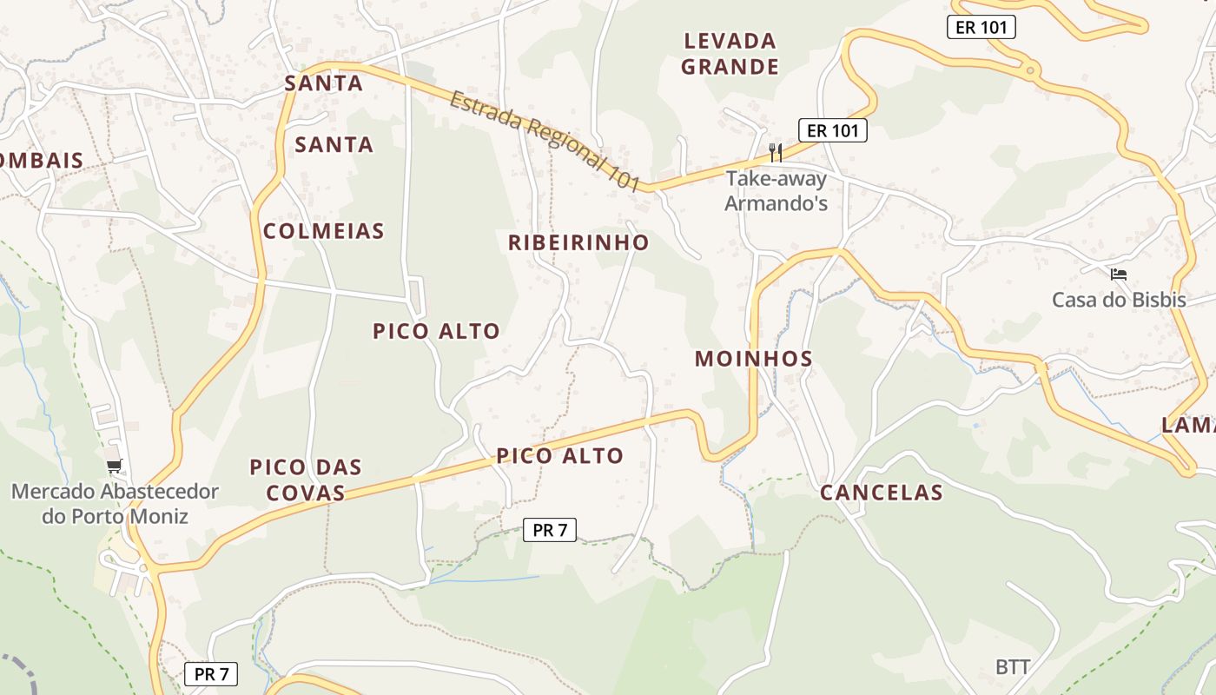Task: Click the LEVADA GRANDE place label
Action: tap(730, 54)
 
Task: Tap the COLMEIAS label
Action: tap(323, 231)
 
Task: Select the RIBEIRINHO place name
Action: tap(578, 242)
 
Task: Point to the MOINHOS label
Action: tap(754, 359)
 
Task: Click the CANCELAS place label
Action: tap(882, 493)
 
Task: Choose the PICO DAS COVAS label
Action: tap(305, 480)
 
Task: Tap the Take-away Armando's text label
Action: tap(776, 191)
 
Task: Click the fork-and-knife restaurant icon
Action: tap(776, 153)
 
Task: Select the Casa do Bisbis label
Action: tap(1119, 300)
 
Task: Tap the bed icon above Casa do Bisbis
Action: tap(1119, 275)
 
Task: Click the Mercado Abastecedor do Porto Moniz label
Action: tap(115, 504)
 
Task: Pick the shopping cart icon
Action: tap(115, 467)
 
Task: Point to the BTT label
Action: tap(1013, 667)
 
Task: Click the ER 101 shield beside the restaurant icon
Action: tap(833, 130)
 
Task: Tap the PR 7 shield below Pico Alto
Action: tap(550, 529)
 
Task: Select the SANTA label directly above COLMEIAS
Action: tap(334, 144)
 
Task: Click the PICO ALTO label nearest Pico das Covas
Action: tap(559, 455)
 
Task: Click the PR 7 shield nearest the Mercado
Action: tap(211, 673)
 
